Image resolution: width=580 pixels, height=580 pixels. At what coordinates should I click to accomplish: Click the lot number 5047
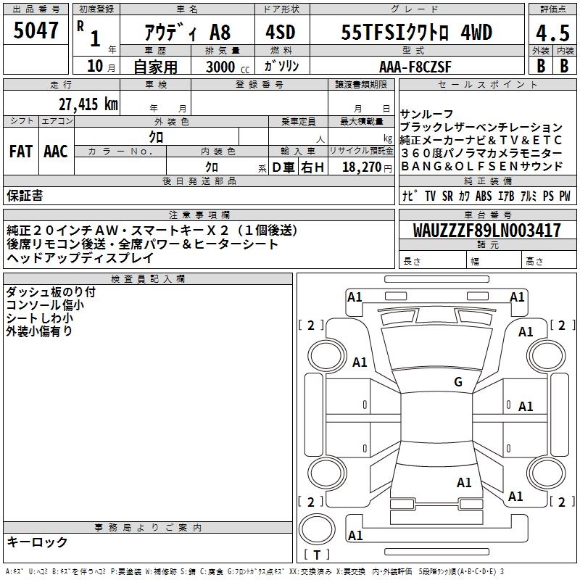pyautogui.click(x=36, y=30)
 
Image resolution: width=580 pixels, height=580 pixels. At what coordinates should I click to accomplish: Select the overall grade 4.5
pyautogui.click(x=552, y=33)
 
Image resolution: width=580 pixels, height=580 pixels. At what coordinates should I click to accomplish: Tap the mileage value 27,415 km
pyautogui.click(x=88, y=104)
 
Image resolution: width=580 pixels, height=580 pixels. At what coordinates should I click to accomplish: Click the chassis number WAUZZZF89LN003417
pyautogui.click(x=486, y=231)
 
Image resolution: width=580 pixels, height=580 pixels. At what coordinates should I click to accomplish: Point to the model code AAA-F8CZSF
pyautogui.click(x=415, y=67)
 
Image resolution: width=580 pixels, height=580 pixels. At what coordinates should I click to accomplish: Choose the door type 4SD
pyautogui.click(x=281, y=32)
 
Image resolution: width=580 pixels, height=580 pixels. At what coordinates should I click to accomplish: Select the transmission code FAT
pyautogui.click(x=21, y=152)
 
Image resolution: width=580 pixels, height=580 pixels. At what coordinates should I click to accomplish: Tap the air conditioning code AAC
pyautogui.click(x=56, y=152)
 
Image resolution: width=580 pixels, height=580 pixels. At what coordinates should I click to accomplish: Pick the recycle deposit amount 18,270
pyautogui.click(x=362, y=167)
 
